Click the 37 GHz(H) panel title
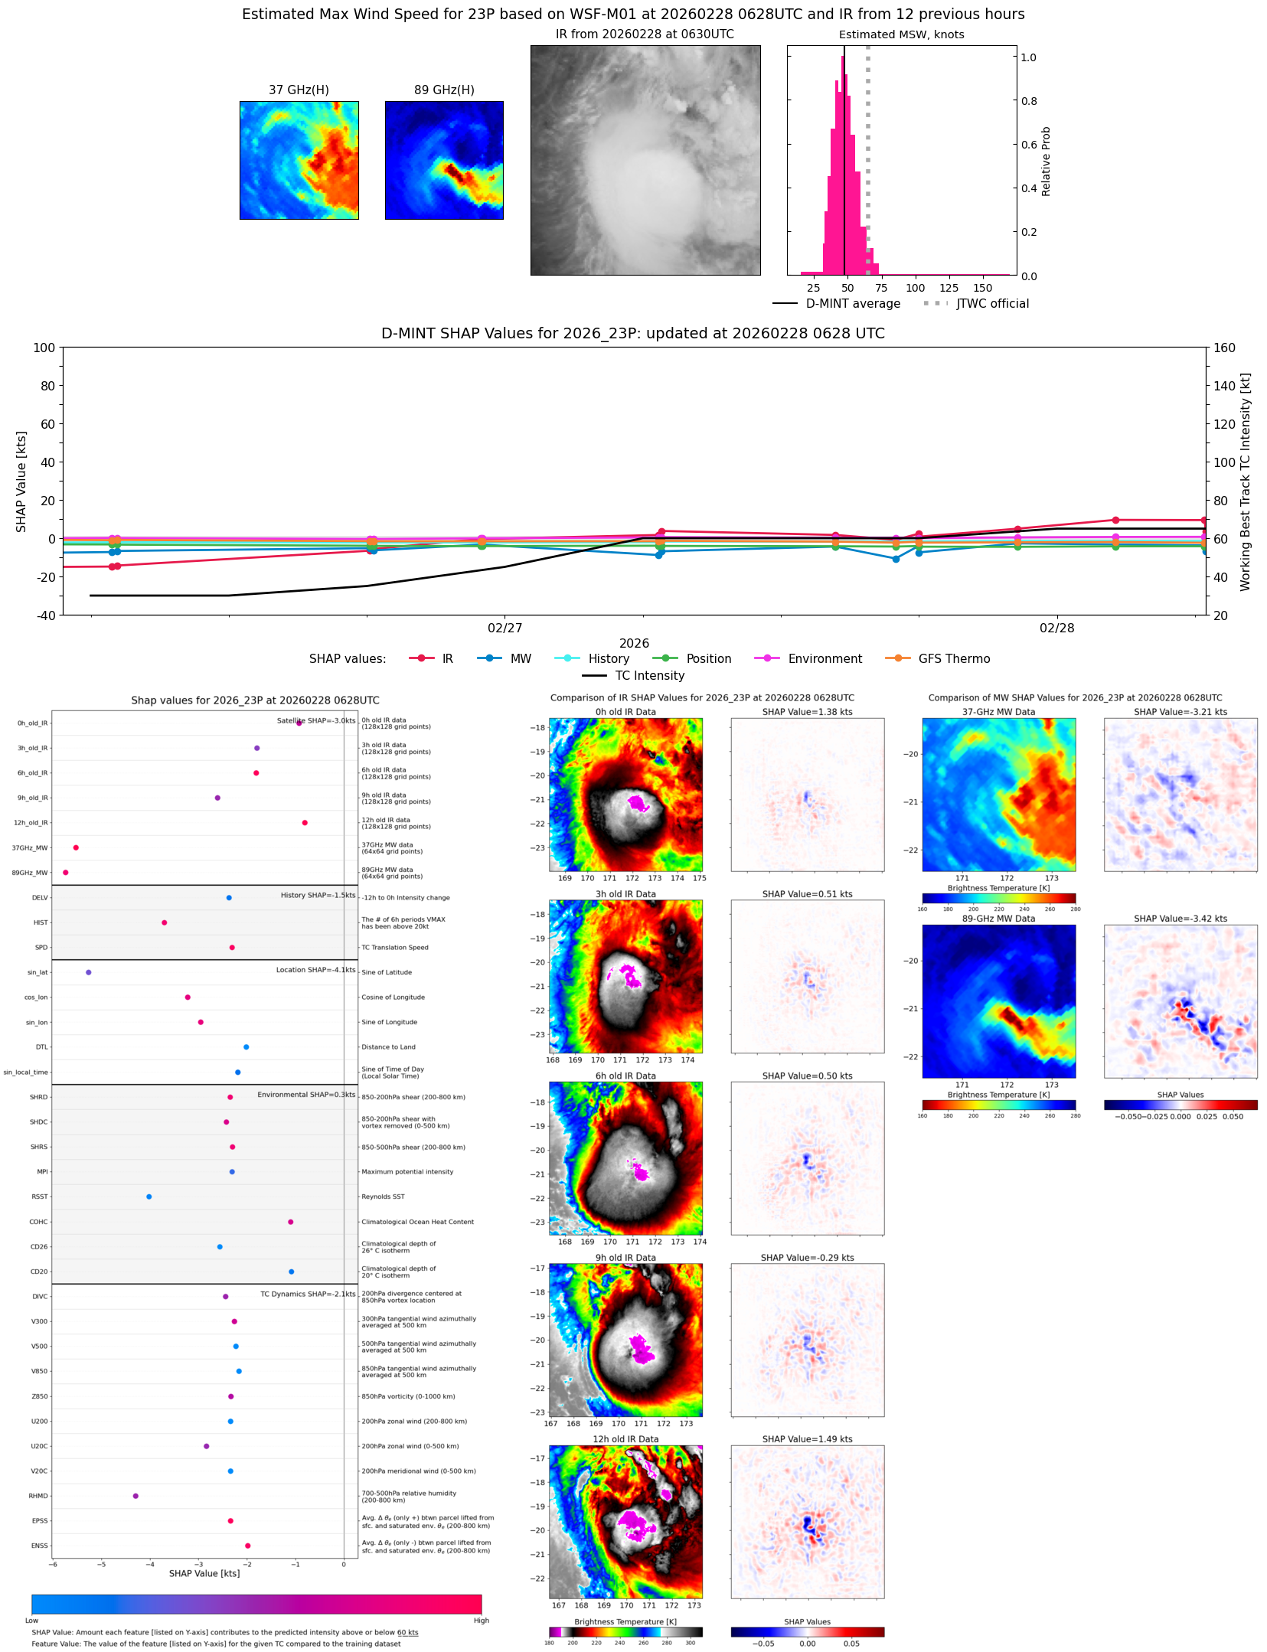coord(299,90)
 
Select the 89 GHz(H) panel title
coord(444,90)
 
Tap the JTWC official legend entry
coord(992,304)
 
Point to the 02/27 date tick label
coord(505,628)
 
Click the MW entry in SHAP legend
coord(521,659)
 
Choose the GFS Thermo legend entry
coord(954,659)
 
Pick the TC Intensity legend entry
coord(650,676)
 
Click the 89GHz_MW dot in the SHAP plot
coord(66,873)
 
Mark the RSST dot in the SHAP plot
coord(149,1197)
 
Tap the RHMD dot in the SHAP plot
coord(136,1496)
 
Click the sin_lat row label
coord(38,973)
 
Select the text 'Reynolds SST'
coord(383,1197)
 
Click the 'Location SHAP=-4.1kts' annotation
coord(315,970)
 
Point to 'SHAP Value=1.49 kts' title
coord(807,1439)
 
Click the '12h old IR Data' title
coord(625,1439)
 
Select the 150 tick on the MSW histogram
coord(982,289)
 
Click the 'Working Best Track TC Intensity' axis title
coord(1246,482)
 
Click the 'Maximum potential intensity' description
coord(407,1172)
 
